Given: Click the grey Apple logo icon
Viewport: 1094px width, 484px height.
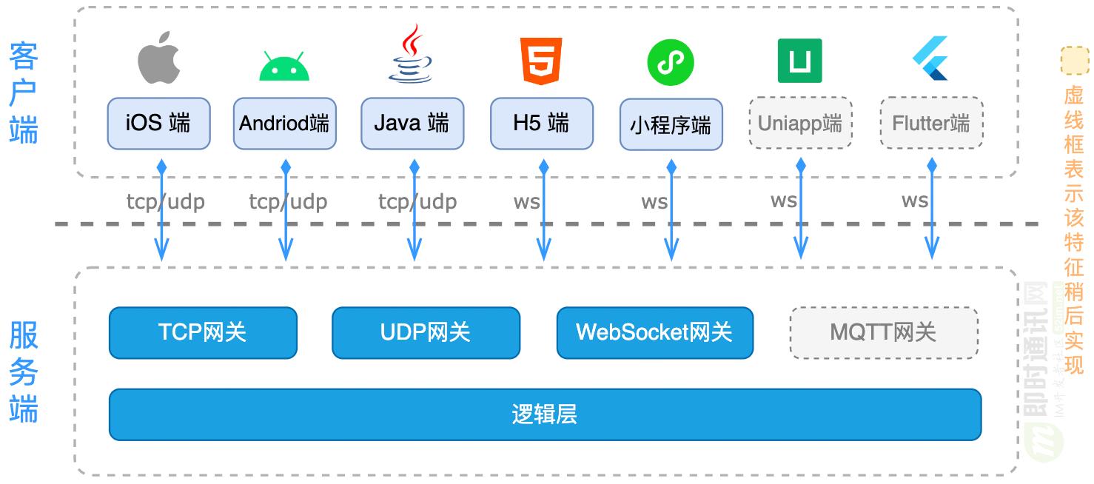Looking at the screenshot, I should pyautogui.click(x=159, y=58).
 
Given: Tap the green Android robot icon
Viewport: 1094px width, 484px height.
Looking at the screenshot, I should pyautogui.click(x=284, y=66).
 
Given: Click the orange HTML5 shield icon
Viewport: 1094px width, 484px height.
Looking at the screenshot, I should pyautogui.click(x=542, y=60).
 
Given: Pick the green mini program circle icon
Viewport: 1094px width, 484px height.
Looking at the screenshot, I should pyautogui.click(x=671, y=62).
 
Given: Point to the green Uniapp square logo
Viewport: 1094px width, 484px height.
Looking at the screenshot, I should pyautogui.click(x=799, y=61).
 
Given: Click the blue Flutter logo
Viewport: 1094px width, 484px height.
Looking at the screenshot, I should pyautogui.click(x=930, y=58).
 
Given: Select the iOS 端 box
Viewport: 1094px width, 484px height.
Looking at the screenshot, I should pyautogui.click(x=158, y=123).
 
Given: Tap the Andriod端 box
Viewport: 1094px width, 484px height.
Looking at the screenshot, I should pyautogui.click(x=284, y=123).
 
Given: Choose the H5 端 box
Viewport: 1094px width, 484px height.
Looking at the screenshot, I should pyautogui.click(x=542, y=123).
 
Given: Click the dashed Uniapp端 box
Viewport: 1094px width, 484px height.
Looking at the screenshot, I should pyautogui.click(x=800, y=123).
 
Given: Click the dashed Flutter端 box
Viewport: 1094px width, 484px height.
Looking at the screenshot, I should pyautogui.click(x=930, y=123).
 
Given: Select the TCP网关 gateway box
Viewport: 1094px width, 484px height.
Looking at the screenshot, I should pyautogui.click(x=203, y=332).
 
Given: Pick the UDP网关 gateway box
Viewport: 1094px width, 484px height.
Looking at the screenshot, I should pyautogui.click(x=426, y=332).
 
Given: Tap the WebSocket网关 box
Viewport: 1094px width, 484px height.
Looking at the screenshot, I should pyautogui.click(x=654, y=332).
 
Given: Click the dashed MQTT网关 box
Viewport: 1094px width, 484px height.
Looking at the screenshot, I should pyautogui.click(x=884, y=332).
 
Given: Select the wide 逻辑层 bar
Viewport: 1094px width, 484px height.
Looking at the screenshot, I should pyautogui.click(x=545, y=414).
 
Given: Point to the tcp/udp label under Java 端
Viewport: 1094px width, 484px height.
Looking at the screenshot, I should pyautogui.click(x=417, y=201).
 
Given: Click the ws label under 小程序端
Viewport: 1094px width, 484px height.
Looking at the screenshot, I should pyautogui.click(x=654, y=201).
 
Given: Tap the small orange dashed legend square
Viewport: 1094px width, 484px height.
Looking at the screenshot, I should pyautogui.click(x=1074, y=61).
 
